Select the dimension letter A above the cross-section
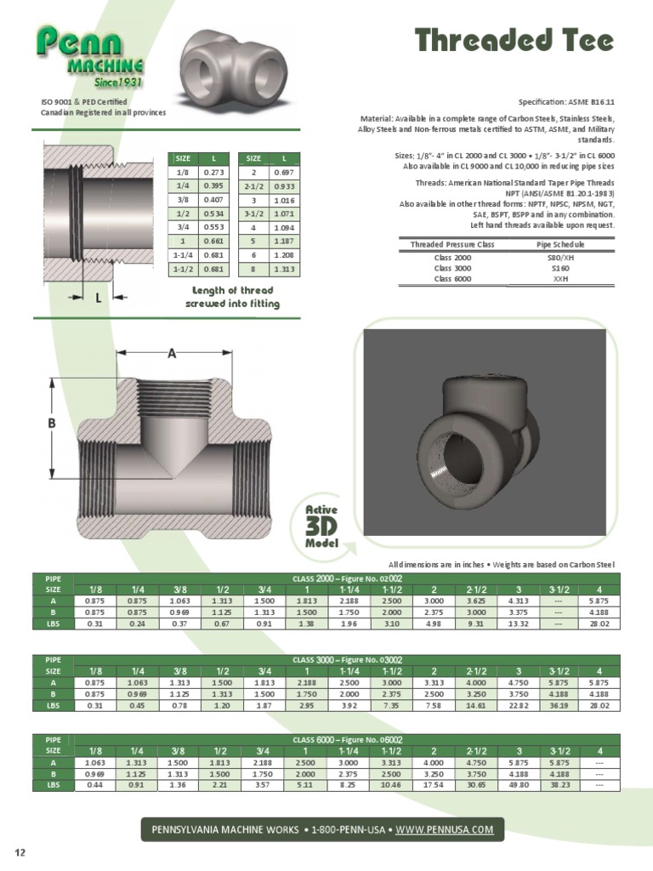(x=171, y=353)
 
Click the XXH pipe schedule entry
(x=560, y=278)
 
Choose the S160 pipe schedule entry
(x=560, y=268)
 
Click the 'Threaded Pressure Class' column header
(x=451, y=245)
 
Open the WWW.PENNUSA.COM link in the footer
(x=445, y=829)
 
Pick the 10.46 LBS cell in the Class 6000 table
(x=391, y=786)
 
